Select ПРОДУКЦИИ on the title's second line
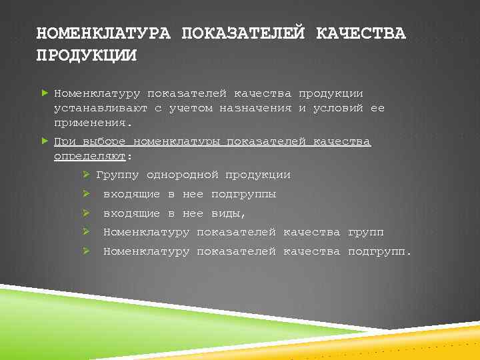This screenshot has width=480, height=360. (86, 55)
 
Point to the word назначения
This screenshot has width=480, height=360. (255, 108)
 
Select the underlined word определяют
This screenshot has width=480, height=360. (90, 157)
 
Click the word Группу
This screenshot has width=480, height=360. (117, 175)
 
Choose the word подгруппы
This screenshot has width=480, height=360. (243, 194)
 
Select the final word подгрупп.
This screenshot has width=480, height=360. (379, 251)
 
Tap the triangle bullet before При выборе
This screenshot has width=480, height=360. (45, 141)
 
